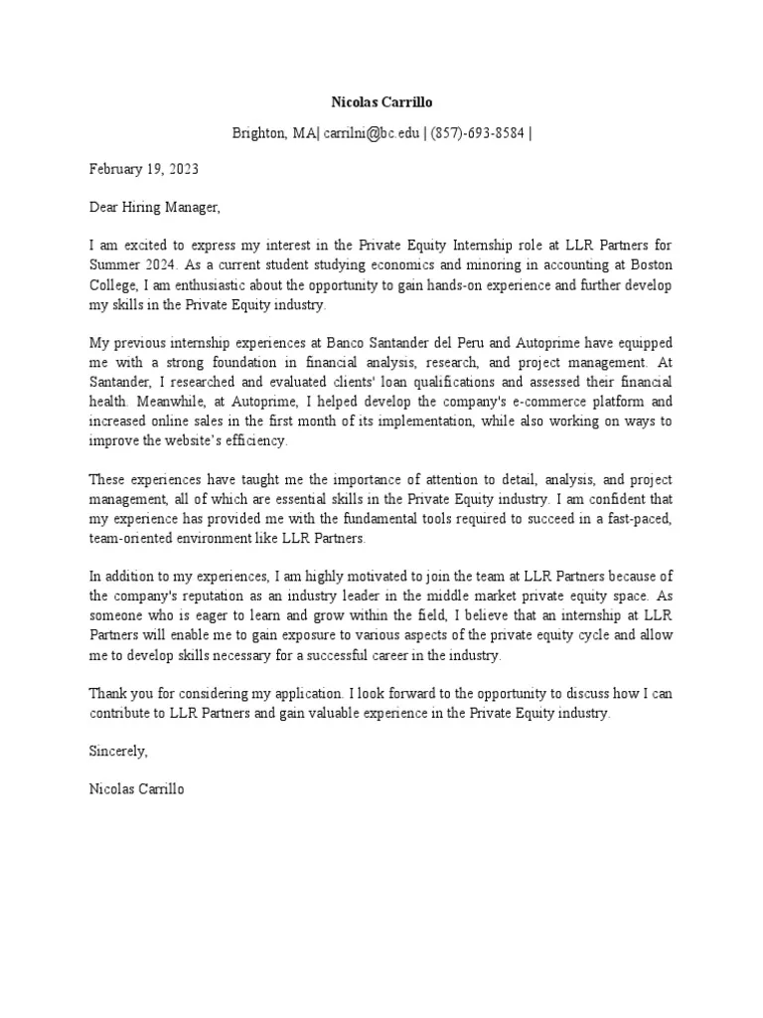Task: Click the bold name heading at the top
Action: click(381, 101)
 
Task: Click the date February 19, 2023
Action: click(143, 169)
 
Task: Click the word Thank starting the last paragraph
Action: click(108, 693)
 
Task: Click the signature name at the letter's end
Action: click(136, 790)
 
